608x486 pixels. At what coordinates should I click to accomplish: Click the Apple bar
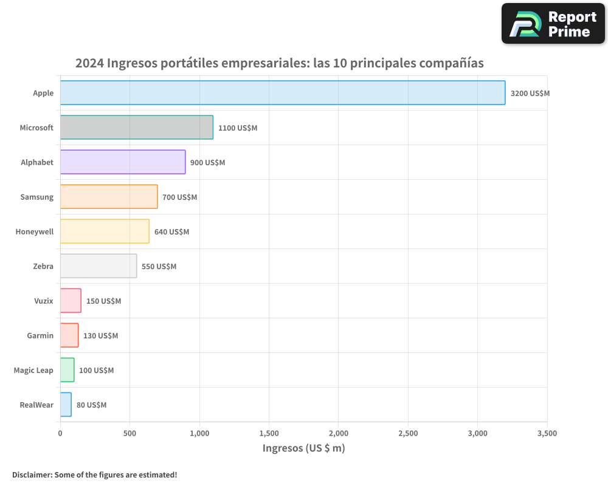[x=283, y=93]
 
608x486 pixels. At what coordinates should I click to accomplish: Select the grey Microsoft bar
[x=137, y=128]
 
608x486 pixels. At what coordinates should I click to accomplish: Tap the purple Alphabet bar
[x=123, y=162]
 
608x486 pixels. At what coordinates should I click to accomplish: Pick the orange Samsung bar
[x=109, y=197]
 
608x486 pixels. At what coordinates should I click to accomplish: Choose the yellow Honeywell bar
[x=105, y=231]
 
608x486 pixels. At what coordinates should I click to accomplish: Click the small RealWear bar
[x=66, y=405]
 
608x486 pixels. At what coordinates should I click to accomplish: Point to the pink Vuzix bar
[x=71, y=301]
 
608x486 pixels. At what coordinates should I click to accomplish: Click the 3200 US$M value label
[x=530, y=94]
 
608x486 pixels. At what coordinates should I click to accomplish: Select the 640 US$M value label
[x=171, y=232]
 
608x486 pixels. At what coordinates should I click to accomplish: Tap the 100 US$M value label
[x=96, y=371]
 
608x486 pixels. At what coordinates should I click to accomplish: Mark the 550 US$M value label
[x=159, y=267]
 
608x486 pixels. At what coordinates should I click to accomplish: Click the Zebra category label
[x=43, y=266]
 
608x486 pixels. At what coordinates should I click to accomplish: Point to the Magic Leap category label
[x=33, y=370]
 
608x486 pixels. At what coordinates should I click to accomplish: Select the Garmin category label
[x=40, y=335]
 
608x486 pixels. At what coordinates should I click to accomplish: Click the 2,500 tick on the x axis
[x=408, y=433]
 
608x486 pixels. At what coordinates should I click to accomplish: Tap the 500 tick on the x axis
[x=130, y=433]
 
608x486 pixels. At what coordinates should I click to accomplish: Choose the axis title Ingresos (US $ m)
[x=303, y=448]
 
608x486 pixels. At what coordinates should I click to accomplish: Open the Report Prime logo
[x=553, y=24]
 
